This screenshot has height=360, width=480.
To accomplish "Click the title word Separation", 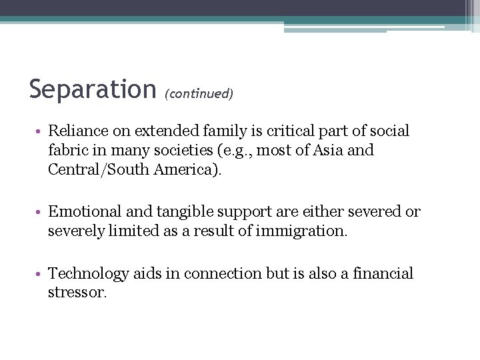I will coord(92,89).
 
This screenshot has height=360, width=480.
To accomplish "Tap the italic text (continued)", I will coord(199,93).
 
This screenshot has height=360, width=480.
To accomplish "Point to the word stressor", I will coord(76,293).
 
